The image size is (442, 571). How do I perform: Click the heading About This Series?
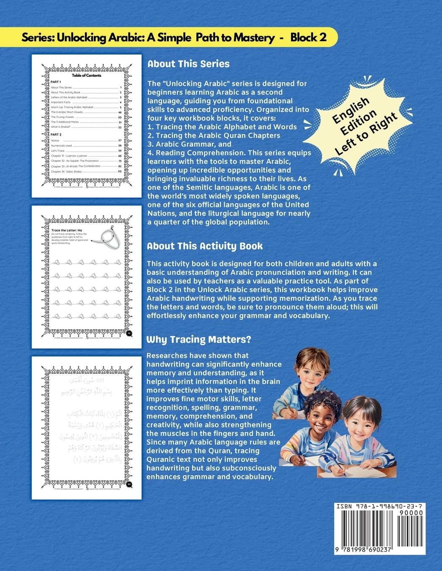(x=188, y=64)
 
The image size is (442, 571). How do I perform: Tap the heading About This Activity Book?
(x=205, y=246)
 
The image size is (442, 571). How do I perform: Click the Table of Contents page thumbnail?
(x=87, y=126)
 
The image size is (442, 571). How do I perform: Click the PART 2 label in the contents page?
(x=56, y=134)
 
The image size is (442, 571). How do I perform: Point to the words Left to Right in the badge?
(x=366, y=134)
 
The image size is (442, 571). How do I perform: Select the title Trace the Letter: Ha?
(x=66, y=230)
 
